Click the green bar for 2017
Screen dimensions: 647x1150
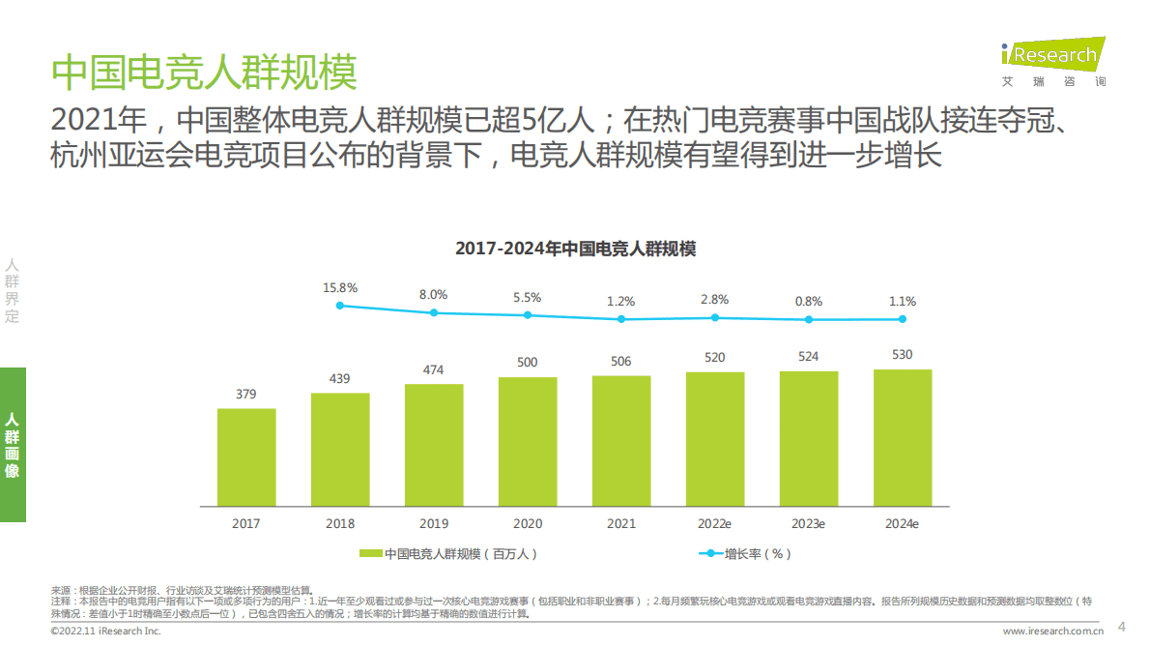pyautogui.click(x=246, y=457)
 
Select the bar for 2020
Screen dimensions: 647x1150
pyautogui.click(x=528, y=442)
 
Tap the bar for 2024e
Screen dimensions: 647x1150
pyautogui.click(x=903, y=438)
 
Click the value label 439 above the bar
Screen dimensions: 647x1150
pyautogui.click(x=340, y=378)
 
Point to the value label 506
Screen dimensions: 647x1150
pyautogui.click(x=620, y=362)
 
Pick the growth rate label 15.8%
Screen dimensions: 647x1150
pyautogui.click(x=340, y=287)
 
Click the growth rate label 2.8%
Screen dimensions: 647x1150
pyautogui.click(x=715, y=300)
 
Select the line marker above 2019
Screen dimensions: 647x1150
pyautogui.click(x=434, y=312)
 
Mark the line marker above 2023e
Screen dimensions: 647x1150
pyautogui.click(x=809, y=319)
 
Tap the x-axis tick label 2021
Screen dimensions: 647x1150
pyautogui.click(x=620, y=523)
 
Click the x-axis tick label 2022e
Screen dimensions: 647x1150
pyautogui.click(x=714, y=523)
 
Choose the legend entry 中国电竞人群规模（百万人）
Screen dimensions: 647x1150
pyautogui.click(x=449, y=554)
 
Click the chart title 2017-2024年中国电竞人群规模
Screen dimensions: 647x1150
pyautogui.click(x=575, y=249)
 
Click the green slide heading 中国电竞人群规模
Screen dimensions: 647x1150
pyautogui.click(x=204, y=73)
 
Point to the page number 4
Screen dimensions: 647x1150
pyautogui.click(x=1121, y=625)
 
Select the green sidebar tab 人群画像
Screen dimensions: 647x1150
pyautogui.click(x=13, y=445)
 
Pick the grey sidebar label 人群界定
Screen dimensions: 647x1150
pyautogui.click(x=13, y=290)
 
